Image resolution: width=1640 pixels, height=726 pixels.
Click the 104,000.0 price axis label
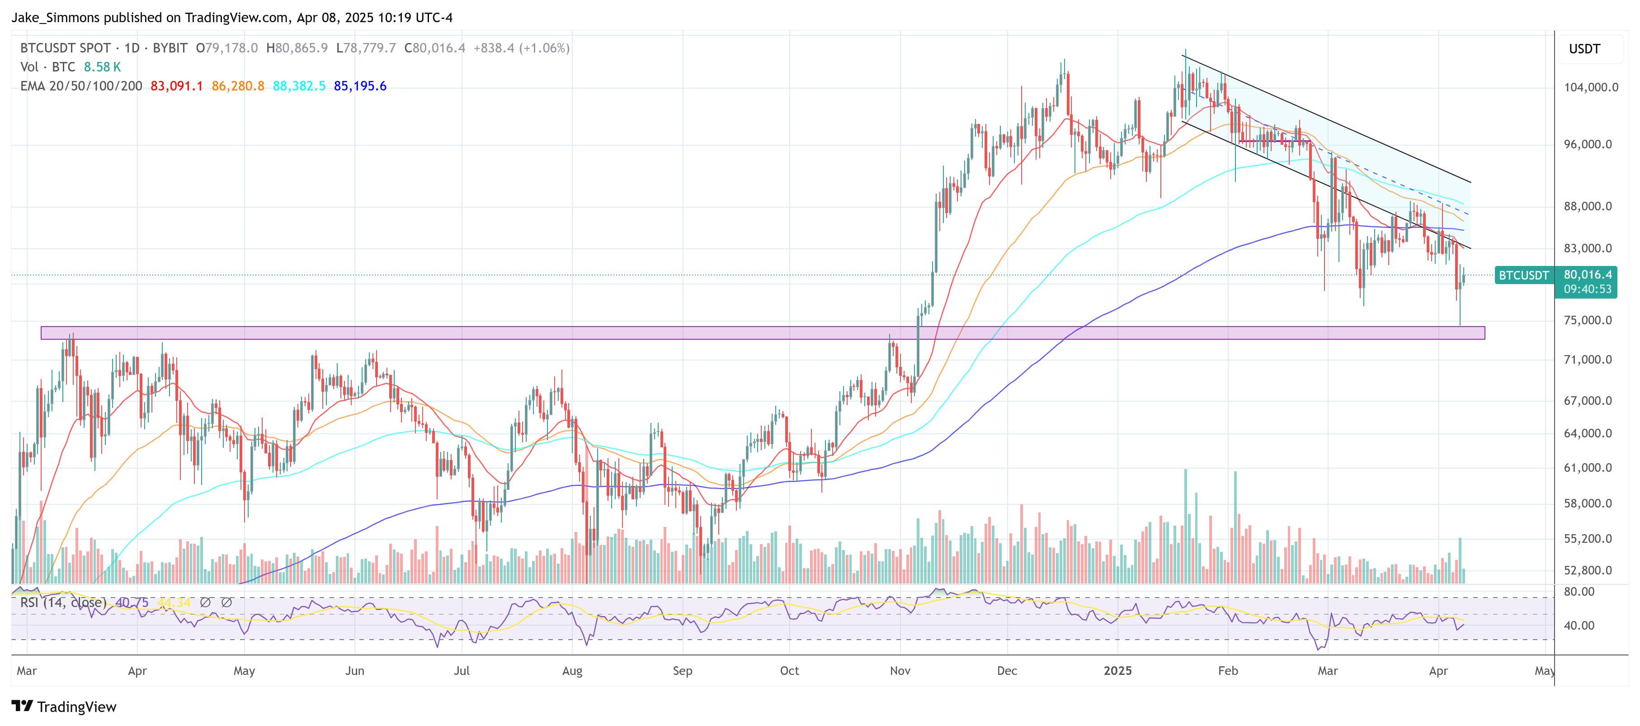[x=1590, y=87]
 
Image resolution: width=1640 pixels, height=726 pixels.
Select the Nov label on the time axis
[x=900, y=671]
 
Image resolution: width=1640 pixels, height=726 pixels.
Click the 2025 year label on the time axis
[x=1117, y=671]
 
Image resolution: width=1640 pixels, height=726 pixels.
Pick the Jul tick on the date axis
[x=462, y=671]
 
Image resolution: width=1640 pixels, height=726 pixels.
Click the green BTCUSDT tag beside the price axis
[x=1523, y=275]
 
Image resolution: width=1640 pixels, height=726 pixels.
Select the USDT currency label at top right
[x=1584, y=49]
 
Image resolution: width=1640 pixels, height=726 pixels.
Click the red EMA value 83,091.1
[x=176, y=86]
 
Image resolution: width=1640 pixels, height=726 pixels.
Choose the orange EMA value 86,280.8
[x=237, y=86]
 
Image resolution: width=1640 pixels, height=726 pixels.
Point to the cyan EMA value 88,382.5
[x=299, y=86]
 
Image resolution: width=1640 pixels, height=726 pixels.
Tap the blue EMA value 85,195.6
[x=360, y=86]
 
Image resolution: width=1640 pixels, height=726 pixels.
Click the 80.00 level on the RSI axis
[x=1579, y=592]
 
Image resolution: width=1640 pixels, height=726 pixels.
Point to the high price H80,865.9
[x=297, y=48]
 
